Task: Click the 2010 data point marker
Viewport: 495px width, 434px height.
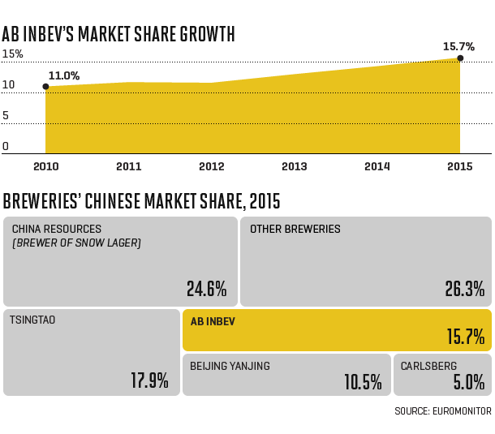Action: (x=45, y=86)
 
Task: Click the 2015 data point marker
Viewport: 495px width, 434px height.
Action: (x=460, y=58)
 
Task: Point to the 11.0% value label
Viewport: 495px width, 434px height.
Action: (x=63, y=75)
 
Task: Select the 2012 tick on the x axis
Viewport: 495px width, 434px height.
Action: (x=211, y=166)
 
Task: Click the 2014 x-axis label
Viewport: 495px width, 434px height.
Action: (x=377, y=166)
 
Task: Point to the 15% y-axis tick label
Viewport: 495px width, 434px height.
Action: (x=12, y=54)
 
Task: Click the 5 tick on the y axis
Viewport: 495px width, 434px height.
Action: (x=6, y=116)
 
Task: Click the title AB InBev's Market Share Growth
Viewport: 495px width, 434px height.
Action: (x=118, y=34)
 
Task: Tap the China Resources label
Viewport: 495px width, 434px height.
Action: (x=57, y=230)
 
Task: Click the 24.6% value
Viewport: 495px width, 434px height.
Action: (x=206, y=289)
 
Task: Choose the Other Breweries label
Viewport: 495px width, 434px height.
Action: (x=295, y=230)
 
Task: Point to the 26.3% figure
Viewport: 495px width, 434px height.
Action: (x=464, y=289)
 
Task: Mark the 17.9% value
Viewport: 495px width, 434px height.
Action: (x=149, y=380)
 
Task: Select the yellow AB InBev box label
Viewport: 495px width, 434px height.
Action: (x=213, y=321)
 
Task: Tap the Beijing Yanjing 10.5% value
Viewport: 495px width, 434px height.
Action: (x=362, y=380)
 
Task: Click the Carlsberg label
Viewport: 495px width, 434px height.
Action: (x=428, y=366)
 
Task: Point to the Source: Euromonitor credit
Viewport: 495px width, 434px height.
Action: (x=442, y=411)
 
